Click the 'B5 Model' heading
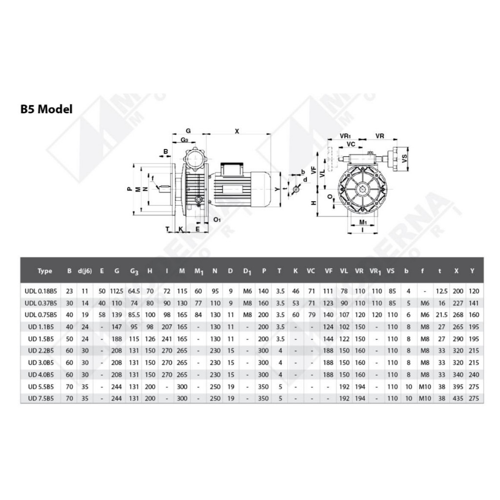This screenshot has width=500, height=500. coord(46,109)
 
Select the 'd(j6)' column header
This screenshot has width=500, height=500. coord(85,271)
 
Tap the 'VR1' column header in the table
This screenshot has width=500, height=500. coord(375,271)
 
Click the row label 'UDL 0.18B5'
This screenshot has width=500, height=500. coord(41,291)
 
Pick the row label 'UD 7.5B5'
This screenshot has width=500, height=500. coord(41,398)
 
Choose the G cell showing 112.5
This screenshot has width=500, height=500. coord(117,291)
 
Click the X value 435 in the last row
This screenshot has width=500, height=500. coord(458,398)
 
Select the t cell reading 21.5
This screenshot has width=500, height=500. coord(441,315)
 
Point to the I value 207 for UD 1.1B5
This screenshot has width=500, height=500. coord(167,327)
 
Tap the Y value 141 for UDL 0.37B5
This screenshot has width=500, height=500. coord(474,303)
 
